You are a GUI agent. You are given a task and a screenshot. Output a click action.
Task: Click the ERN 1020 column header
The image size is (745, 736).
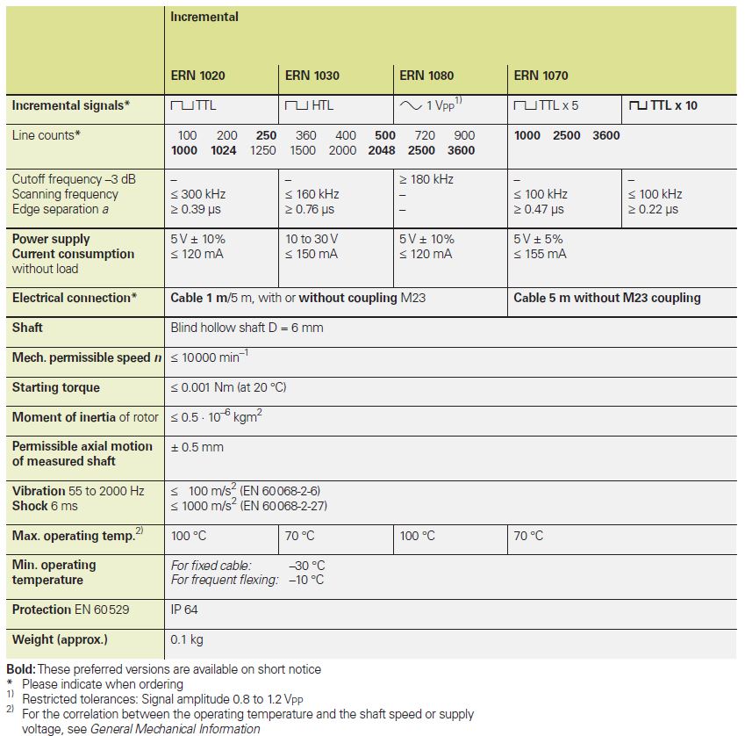point(197,76)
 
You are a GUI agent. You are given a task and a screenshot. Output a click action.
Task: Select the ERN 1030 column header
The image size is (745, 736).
point(312,76)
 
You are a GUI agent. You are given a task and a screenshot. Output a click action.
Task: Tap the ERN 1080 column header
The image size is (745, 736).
point(426,76)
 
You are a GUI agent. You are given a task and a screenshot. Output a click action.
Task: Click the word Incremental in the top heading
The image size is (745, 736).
point(204,17)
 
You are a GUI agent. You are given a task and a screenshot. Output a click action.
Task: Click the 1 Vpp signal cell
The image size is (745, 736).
point(431,105)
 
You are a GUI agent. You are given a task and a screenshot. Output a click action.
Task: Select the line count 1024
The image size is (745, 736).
point(224,150)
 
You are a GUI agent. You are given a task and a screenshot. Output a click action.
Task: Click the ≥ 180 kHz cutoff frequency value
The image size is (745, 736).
point(426,179)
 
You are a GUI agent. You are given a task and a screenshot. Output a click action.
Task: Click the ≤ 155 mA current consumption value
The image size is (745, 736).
point(540,254)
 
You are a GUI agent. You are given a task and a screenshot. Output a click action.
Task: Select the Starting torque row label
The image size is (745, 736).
point(56,387)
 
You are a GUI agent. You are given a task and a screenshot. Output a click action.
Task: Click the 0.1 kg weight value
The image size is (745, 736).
point(187,639)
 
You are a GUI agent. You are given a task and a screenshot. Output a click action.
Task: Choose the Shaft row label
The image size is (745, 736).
point(27,328)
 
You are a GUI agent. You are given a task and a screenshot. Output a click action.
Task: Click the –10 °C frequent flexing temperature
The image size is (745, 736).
point(307,580)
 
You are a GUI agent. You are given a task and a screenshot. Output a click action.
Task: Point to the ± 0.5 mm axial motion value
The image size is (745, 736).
point(197,447)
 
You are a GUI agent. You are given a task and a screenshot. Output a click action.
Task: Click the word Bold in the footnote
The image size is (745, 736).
point(20,669)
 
